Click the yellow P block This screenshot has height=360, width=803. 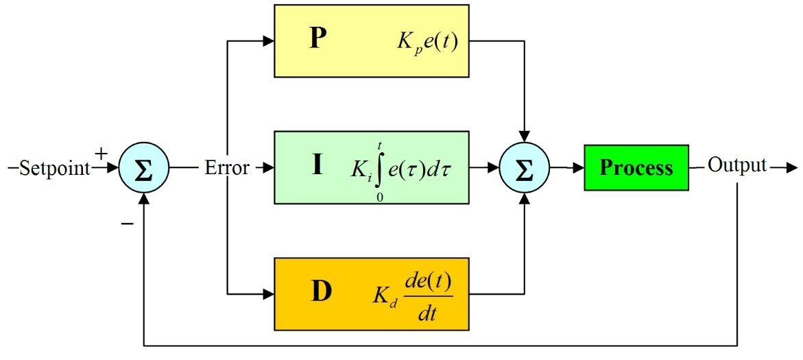coord(371,40)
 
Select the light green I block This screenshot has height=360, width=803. coord(371,167)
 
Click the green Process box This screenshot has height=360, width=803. coord(636,167)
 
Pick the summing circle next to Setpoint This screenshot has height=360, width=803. coord(143,168)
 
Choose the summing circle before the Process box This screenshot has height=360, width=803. coord(525,168)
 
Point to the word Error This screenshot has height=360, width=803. coord(227,168)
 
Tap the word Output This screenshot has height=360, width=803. coord(736,166)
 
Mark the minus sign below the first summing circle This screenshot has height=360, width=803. coord(127,224)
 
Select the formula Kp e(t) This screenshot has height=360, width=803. coord(426,43)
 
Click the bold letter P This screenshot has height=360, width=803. coord(318,40)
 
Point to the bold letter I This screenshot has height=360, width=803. coord(317,166)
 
